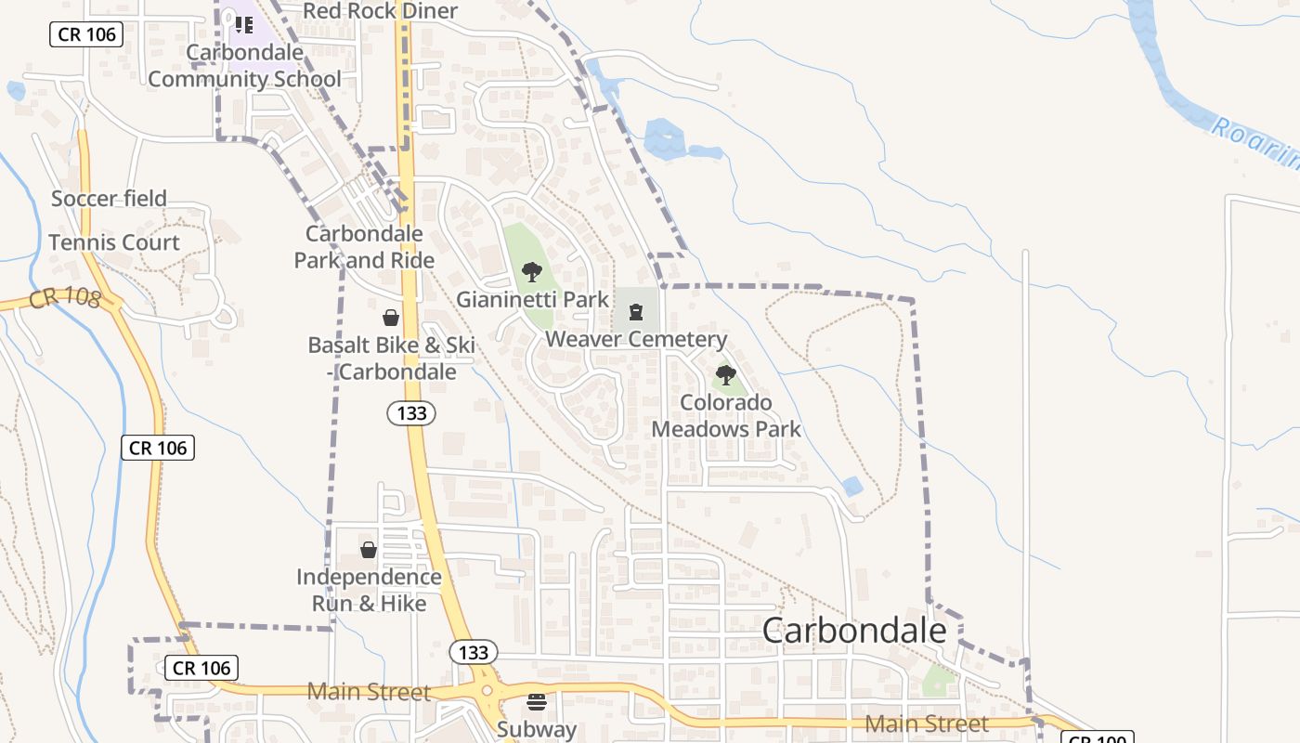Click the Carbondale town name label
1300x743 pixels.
854,631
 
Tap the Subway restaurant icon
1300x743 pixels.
537,701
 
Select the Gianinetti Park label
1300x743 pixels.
532,299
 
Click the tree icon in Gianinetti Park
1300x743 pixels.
532,272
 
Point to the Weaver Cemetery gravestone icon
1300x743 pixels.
636,312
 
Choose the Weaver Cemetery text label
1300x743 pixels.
636,339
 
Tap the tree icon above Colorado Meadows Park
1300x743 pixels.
726,375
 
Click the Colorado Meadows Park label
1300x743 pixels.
726,415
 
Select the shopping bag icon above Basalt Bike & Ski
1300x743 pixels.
391,318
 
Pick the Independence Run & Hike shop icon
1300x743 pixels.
369,550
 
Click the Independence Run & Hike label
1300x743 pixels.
369,590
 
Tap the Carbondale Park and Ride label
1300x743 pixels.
364,247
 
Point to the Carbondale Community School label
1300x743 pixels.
245,66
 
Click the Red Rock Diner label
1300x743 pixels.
381,11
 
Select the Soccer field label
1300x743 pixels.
109,198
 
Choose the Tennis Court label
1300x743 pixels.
113,242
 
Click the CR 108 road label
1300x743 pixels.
65,299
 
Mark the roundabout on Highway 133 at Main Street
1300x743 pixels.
485,692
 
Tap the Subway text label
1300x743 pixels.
537,729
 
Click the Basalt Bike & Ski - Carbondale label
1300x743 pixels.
391,358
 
